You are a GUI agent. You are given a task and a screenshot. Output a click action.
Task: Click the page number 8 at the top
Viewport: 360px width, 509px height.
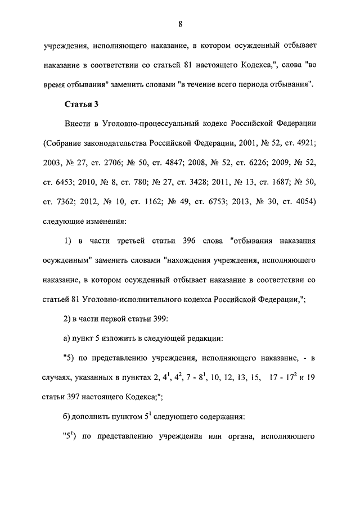click(x=179, y=24)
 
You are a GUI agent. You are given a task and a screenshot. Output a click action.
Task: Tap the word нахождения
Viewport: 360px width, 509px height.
click(x=189, y=260)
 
